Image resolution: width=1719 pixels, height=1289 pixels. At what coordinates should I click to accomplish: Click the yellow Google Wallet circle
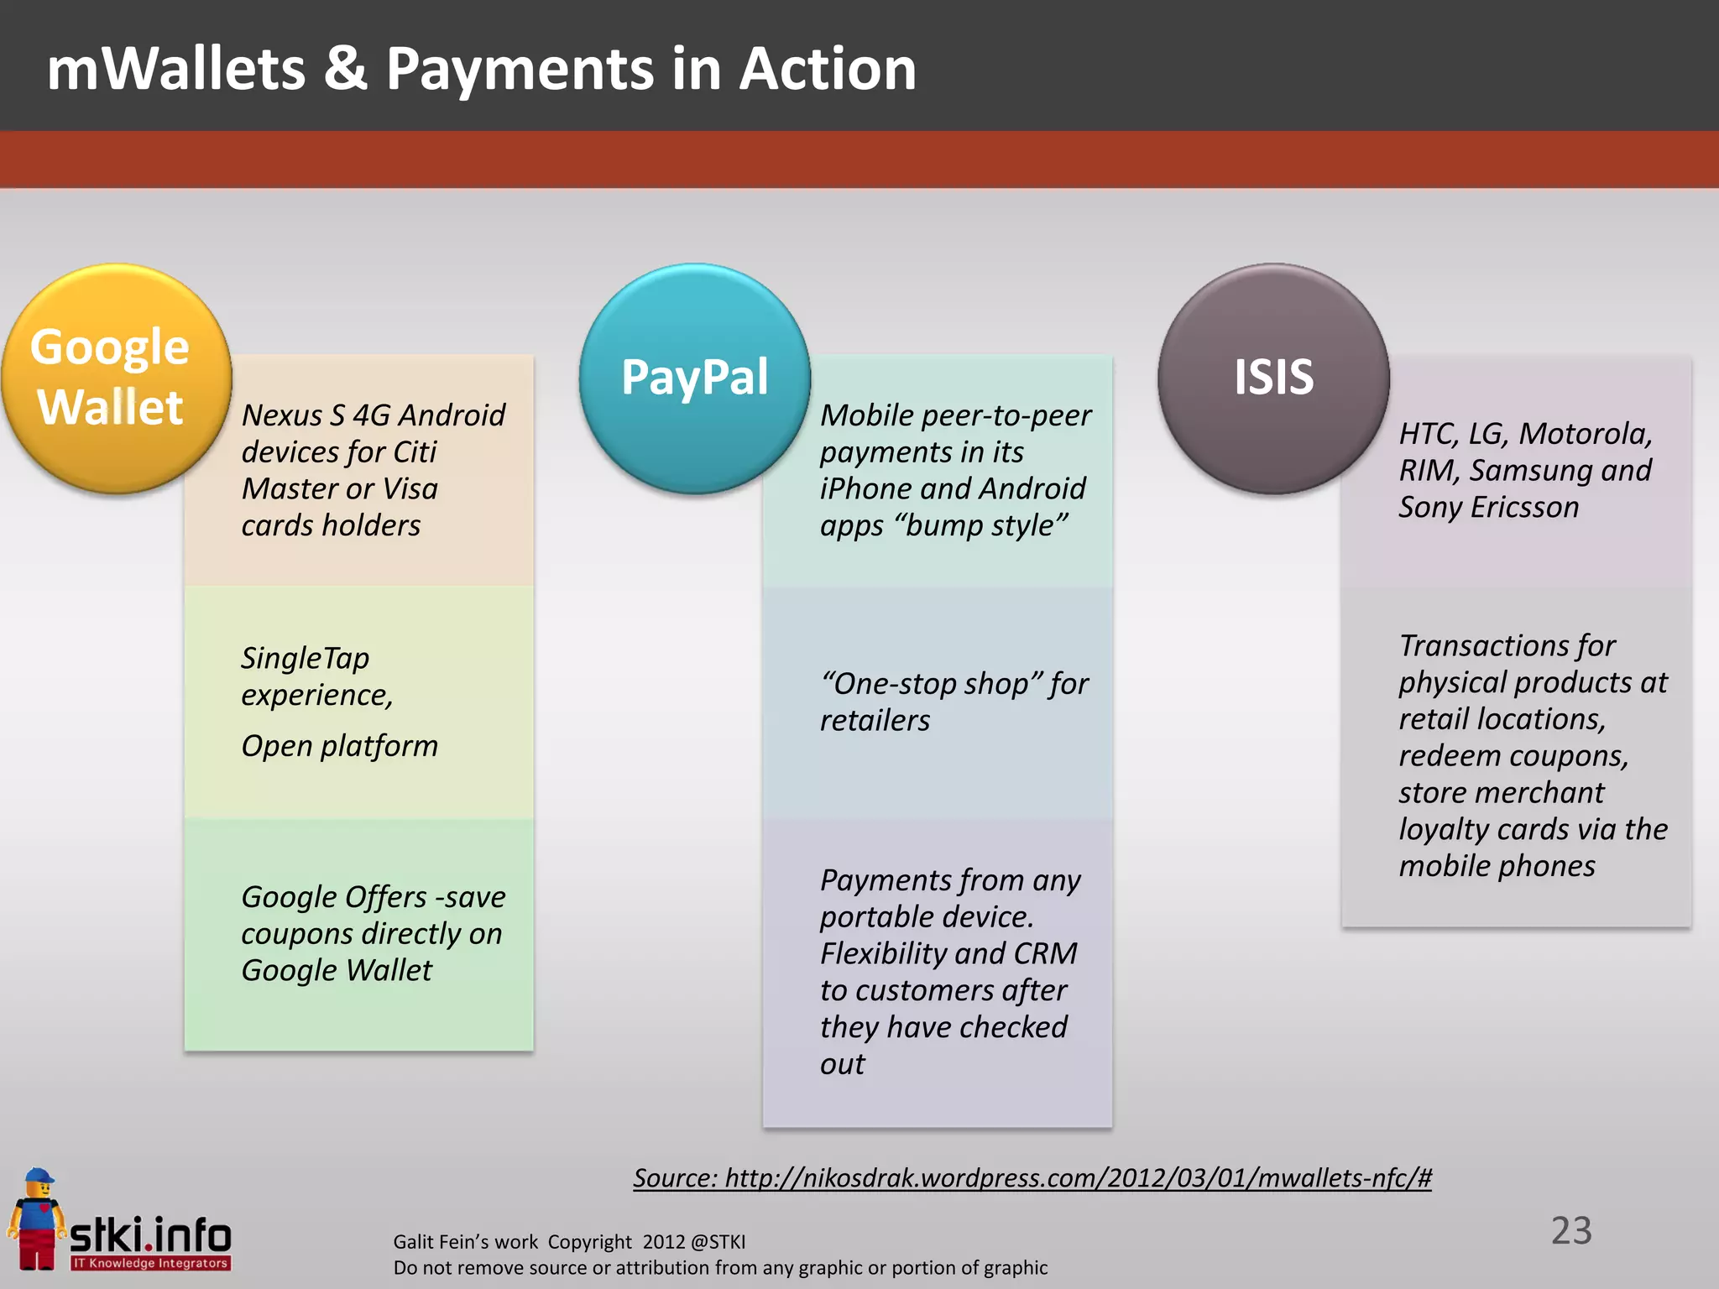(x=116, y=378)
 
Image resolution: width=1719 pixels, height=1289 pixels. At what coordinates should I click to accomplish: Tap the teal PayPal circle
(x=694, y=378)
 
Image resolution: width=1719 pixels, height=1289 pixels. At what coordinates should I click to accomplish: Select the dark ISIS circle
(x=1273, y=378)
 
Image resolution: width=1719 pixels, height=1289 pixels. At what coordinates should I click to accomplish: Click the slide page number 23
(x=1570, y=1230)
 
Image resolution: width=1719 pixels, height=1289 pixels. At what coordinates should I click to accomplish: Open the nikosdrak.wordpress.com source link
(x=1032, y=1177)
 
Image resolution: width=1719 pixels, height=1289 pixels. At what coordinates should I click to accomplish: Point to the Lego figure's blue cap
(x=38, y=1178)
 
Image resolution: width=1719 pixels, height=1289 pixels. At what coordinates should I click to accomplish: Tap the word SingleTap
(x=305, y=658)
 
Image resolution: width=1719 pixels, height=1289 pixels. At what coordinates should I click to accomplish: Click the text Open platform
(x=339, y=745)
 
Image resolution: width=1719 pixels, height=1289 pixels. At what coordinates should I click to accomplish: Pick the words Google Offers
(x=333, y=896)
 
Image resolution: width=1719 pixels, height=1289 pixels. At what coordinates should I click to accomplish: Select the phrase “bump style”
(x=981, y=525)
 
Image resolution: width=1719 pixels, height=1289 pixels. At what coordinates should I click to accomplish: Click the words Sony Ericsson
(x=1488, y=507)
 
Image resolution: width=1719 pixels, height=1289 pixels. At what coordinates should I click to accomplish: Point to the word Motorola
(x=1585, y=433)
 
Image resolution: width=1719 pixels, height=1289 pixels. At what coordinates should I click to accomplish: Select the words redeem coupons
(x=1513, y=755)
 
